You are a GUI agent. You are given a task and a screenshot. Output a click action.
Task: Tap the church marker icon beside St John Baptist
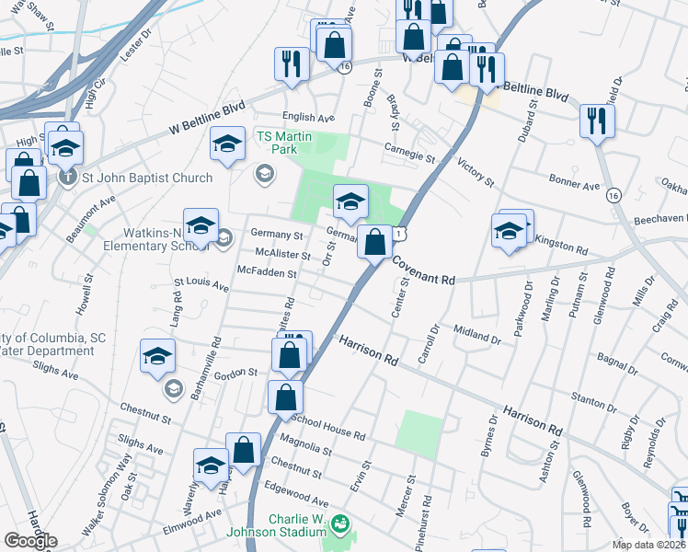pos(67,177)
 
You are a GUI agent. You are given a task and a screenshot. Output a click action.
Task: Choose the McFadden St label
pos(267,273)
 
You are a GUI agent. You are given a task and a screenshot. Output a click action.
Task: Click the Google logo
pos(30,541)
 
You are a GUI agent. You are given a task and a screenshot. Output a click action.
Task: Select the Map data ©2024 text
pos(649,545)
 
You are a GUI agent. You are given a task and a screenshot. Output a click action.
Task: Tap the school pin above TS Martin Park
pos(227,144)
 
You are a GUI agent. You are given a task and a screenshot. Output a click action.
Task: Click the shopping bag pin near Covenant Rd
pos(374,244)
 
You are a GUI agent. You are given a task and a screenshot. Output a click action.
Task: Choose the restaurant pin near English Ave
pos(292,64)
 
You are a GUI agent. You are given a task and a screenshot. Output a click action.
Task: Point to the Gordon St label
pos(236,373)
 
